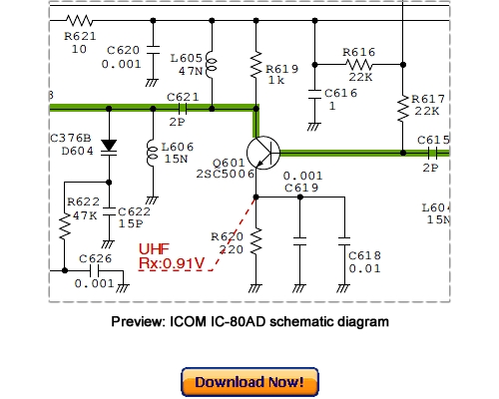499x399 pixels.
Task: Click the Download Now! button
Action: click(249, 382)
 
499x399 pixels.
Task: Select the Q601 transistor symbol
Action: click(262, 152)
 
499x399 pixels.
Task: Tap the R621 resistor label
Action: click(79, 35)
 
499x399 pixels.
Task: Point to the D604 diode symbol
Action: click(108, 147)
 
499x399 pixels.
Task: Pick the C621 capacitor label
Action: click(183, 96)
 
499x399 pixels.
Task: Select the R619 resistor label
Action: click(281, 68)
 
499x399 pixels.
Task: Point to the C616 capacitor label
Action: click(341, 93)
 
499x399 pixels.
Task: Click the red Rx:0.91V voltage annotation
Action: click(172, 263)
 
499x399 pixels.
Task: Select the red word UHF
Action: click(154, 249)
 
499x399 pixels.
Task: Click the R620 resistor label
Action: click(228, 236)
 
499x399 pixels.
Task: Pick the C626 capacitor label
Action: click(95, 259)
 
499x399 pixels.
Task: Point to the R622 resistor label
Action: click(82, 201)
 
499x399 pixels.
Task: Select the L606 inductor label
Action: click(177, 146)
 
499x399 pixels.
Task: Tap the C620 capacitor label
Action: click(123, 49)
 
